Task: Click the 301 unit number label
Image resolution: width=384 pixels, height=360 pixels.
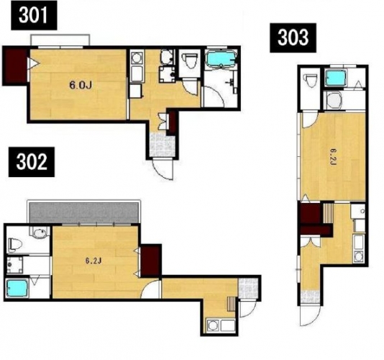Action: pos(34,15)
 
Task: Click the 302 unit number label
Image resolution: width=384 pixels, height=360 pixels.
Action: pos(32,162)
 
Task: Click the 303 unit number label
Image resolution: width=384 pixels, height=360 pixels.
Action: pos(293,37)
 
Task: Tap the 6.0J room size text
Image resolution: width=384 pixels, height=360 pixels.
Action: pos(81,86)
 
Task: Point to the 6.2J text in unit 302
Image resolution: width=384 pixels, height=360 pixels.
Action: pos(93,261)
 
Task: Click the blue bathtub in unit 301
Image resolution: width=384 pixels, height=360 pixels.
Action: pos(221,59)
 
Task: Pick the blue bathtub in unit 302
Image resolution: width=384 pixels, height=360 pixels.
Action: pos(17,288)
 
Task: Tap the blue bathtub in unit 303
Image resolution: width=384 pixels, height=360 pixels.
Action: pos(336,77)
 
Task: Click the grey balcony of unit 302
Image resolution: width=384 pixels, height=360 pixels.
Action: pos(83,212)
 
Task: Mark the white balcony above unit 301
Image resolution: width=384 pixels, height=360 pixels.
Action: pos(60,40)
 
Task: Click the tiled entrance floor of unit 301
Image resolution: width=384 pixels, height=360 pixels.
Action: pos(162,145)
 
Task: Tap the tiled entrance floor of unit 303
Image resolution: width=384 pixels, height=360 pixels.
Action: pos(310,297)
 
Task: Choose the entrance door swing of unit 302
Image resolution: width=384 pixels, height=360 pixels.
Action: pos(247,309)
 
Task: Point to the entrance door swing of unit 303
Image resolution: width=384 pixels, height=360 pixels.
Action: pos(310,315)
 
